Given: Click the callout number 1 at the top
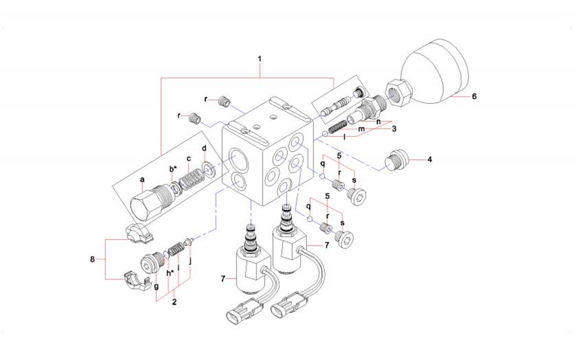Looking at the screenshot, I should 260,57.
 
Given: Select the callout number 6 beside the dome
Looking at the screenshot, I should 474,96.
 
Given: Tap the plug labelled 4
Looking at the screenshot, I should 396,160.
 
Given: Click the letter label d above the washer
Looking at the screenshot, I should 204,149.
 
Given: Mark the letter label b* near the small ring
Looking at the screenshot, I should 173,169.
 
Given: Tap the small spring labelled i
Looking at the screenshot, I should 175,250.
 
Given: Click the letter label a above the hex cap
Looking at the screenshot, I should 142,180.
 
